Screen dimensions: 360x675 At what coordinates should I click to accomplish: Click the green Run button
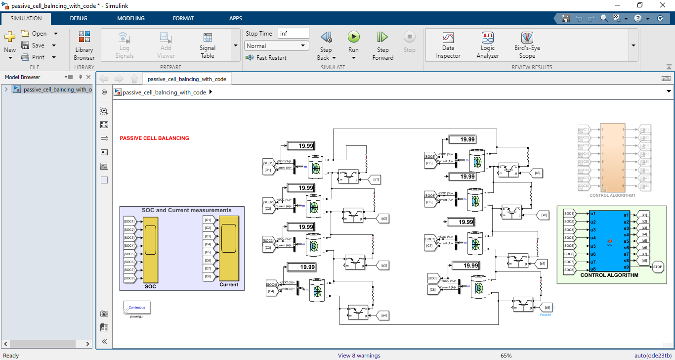point(353,37)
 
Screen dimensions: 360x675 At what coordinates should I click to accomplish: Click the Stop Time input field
point(294,33)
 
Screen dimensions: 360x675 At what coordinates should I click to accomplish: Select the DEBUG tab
point(78,18)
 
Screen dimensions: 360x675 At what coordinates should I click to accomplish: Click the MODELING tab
point(130,18)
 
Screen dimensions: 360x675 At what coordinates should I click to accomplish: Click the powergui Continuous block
point(137,308)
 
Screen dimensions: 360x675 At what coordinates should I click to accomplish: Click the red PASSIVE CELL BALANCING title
point(154,138)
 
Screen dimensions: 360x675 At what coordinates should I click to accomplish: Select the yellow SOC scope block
point(150,250)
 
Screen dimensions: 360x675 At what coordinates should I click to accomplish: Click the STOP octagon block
point(658,267)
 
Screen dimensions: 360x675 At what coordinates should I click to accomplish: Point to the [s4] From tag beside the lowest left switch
point(383,315)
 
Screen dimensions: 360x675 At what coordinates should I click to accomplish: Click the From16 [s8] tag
point(546,308)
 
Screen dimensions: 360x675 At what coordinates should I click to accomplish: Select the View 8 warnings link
point(359,356)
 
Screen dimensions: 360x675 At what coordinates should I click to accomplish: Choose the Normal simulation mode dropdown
point(276,46)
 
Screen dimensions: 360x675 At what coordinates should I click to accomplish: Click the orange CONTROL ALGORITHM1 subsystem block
point(612,158)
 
